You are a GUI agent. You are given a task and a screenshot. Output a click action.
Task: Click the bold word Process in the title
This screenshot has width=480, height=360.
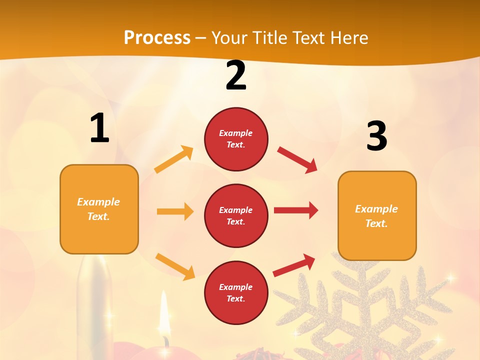click(x=157, y=37)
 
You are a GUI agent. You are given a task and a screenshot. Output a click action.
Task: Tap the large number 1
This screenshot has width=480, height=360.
click(x=99, y=128)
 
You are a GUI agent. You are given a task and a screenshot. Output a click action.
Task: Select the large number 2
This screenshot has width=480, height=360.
click(x=236, y=76)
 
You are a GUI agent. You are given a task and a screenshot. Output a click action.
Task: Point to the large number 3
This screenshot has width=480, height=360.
click(x=376, y=136)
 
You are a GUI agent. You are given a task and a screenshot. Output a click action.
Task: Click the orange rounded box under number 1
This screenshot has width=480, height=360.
click(x=99, y=209)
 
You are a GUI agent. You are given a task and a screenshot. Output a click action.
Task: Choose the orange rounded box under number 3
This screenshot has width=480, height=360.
click(x=377, y=215)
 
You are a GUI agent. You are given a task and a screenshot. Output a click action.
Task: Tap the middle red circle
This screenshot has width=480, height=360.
click(x=236, y=215)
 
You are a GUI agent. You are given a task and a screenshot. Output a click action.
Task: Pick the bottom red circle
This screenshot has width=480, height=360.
click(x=236, y=292)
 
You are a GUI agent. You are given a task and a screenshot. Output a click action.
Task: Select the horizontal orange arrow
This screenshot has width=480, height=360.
click(x=175, y=211)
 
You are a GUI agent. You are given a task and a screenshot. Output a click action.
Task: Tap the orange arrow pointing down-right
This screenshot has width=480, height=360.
click(x=175, y=266)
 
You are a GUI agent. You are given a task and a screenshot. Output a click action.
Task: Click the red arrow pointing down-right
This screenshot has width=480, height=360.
click(x=297, y=159)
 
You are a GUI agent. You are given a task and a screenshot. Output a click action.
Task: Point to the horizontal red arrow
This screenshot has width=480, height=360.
click(x=296, y=210)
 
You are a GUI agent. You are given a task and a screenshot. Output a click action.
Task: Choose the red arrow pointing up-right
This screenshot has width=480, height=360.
click(x=294, y=265)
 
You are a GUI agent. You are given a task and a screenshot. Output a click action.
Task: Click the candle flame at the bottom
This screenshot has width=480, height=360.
click(x=163, y=312)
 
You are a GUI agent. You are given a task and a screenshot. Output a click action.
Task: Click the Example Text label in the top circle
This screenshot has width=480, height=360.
click(x=236, y=139)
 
